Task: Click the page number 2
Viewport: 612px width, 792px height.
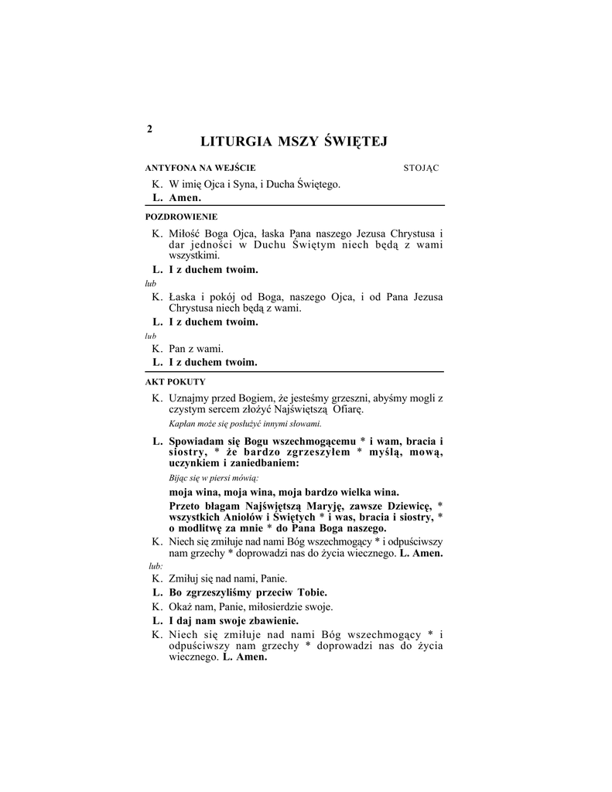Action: point(149,129)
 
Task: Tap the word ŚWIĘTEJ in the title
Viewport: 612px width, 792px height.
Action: point(353,142)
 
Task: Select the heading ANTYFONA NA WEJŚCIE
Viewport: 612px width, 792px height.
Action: point(200,168)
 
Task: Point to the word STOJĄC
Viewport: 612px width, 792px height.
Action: point(422,168)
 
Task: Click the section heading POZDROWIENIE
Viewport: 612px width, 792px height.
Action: point(181,217)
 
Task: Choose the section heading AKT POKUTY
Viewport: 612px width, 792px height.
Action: point(175,382)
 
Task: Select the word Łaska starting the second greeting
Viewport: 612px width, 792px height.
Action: point(183,297)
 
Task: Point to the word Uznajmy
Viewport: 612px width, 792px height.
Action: point(189,398)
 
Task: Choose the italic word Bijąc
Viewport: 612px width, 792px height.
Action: point(179,478)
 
